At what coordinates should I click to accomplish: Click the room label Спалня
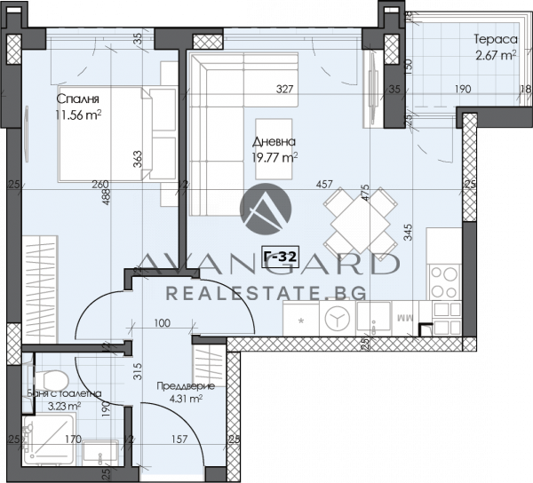click(76, 99)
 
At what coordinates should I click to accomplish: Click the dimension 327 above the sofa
click(284, 89)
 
